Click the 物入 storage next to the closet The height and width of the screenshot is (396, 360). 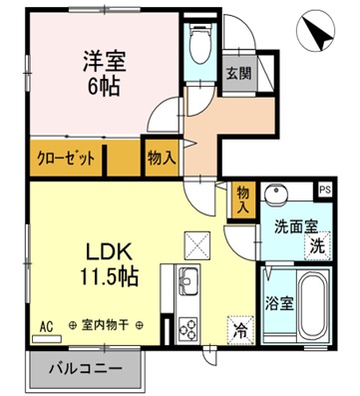click(x=163, y=158)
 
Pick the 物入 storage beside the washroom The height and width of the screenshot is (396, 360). click(x=243, y=199)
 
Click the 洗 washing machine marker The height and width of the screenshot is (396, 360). click(x=316, y=245)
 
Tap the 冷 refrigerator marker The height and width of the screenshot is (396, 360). click(x=240, y=324)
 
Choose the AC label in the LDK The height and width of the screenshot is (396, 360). click(x=45, y=325)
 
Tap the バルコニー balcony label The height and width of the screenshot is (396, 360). click(x=88, y=370)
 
